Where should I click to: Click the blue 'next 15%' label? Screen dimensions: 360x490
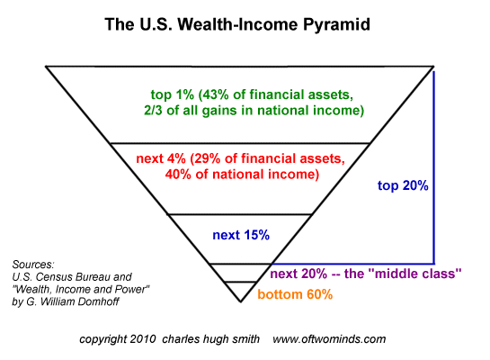[241, 236]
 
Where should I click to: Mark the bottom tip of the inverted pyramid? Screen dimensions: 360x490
[240, 301]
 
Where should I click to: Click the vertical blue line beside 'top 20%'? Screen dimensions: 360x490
[436, 162]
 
